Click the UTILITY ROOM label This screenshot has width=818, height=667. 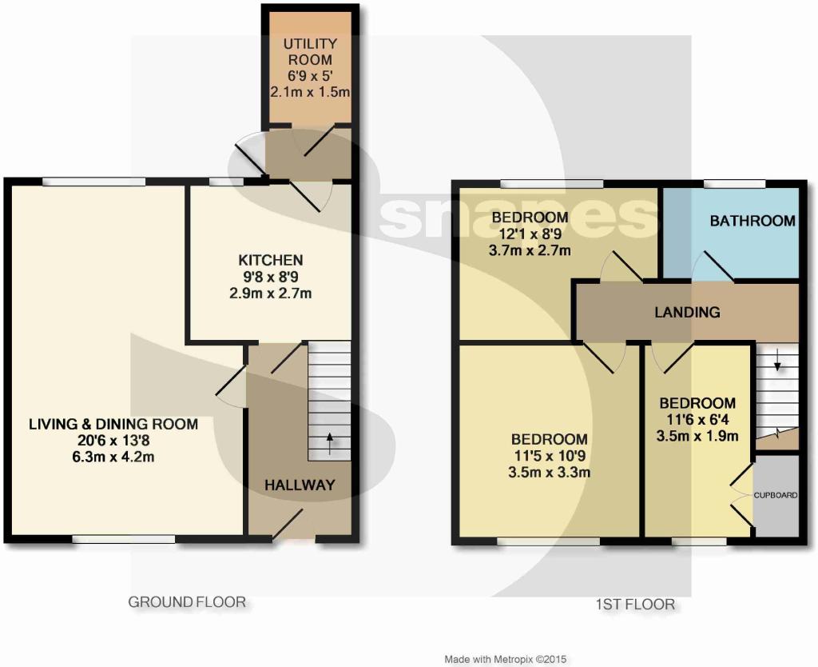coord(310,51)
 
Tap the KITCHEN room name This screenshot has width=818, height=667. coord(271,260)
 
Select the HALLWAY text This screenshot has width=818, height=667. coord(300,485)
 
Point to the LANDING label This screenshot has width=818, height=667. coord(688,313)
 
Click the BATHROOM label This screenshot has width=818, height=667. coord(752,221)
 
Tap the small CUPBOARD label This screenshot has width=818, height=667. coord(776,495)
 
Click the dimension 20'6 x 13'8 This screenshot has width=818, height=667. coord(113,441)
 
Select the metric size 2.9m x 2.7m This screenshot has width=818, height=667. coord(271,293)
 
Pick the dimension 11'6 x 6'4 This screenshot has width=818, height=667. coord(697,419)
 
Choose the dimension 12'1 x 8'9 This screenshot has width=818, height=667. coord(530,234)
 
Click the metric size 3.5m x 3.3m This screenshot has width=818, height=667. coord(550,472)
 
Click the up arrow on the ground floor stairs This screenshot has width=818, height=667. coord(330,444)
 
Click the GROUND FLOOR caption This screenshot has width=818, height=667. coord(187,602)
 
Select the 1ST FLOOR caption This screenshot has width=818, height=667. coord(635,605)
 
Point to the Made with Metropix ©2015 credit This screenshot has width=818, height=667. coord(506,659)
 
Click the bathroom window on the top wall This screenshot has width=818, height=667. coord(735,183)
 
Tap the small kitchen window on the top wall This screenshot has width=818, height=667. coord(226,182)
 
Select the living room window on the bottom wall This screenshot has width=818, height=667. coord(124,538)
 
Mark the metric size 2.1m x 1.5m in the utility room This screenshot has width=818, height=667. coord(310,92)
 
